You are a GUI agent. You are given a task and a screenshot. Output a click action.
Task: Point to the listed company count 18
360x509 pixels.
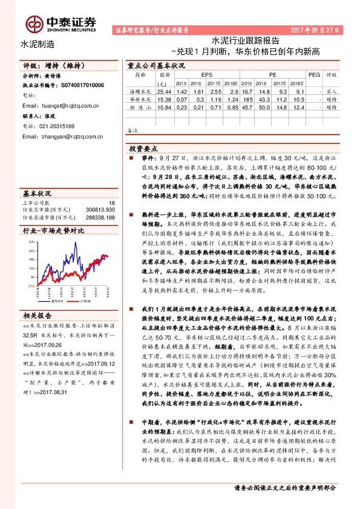tap(111, 203)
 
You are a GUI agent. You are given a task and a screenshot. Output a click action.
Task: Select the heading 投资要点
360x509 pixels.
tap(143, 148)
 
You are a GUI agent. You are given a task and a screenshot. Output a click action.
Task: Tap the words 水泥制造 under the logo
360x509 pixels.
tap(38, 44)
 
